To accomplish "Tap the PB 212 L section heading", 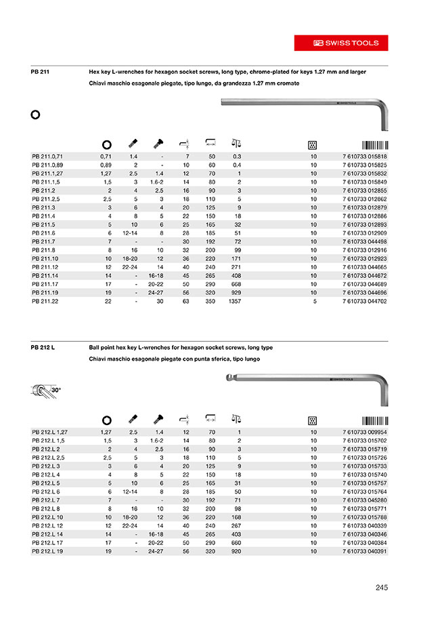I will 43,347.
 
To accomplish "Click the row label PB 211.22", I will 45,300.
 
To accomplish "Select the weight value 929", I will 236,292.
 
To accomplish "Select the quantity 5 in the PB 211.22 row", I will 314,300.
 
